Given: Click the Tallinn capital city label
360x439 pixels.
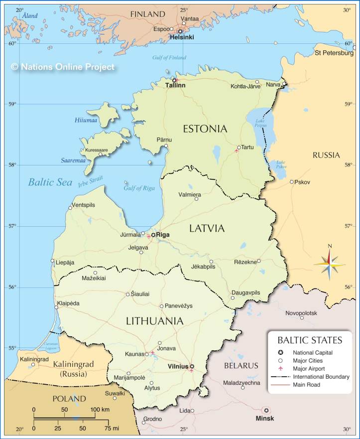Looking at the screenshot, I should (x=175, y=86).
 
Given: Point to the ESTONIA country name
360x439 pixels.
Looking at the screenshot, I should (x=205, y=129).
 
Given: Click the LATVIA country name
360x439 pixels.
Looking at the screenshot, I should (x=207, y=228).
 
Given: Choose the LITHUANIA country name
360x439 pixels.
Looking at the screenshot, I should (x=154, y=321).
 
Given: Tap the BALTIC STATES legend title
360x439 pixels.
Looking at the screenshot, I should (x=309, y=340).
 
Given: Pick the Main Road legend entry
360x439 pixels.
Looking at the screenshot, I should (x=307, y=385).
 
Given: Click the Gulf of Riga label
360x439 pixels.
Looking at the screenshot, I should (x=139, y=188).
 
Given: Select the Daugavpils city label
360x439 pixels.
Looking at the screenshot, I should (x=245, y=293).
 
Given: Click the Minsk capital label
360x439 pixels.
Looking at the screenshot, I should (x=264, y=418).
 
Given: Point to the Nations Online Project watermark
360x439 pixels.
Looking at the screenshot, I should (x=63, y=67).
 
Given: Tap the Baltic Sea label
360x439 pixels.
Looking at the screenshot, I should (x=50, y=182).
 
